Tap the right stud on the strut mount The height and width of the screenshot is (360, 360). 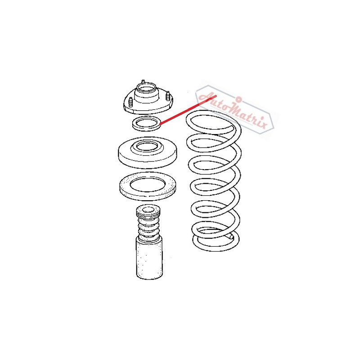[168, 98]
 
